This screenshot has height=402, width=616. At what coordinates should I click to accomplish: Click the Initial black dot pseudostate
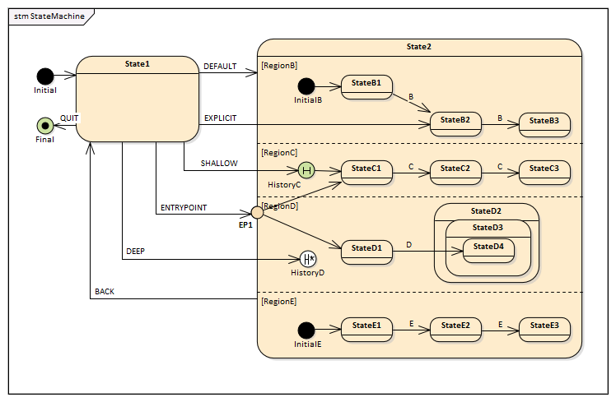pyautogui.click(x=45, y=76)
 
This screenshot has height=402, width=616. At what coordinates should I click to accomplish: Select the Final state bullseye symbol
pyautogui.click(x=45, y=126)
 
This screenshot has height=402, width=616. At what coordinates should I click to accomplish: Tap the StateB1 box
pyautogui.click(x=366, y=86)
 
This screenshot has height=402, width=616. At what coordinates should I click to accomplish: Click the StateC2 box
pyautogui.click(x=455, y=172)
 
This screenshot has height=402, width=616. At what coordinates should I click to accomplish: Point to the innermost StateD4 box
pyautogui.click(x=488, y=249)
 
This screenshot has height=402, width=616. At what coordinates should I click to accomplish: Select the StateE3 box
pyautogui.click(x=544, y=330)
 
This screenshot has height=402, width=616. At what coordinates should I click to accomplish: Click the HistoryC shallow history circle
pyautogui.click(x=307, y=170)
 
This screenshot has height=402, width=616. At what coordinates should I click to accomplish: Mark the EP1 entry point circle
pyautogui.click(x=257, y=212)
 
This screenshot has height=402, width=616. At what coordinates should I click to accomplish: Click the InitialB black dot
pyautogui.click(x=306, y=86)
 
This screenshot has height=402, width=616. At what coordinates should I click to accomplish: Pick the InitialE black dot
pyautogui.click(x=306, y=330)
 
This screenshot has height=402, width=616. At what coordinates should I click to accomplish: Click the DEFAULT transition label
pyautogui.click(x=220, y=67)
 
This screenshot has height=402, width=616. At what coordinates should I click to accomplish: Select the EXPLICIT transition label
pyautogui.click(x=220, y=118)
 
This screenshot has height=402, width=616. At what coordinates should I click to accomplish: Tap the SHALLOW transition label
pyautogui.click(x=219, y=164)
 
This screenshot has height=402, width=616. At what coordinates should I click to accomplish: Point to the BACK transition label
pyautogui.click(x=105, y=292)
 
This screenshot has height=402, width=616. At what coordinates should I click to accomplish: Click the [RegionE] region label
pyautogui.click(x=279, y=302)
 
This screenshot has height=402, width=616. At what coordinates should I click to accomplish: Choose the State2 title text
pyautogui.click(x=418, y=47)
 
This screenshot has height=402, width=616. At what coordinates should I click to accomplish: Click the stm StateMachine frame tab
pyautogui.click(x=49, y=16)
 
